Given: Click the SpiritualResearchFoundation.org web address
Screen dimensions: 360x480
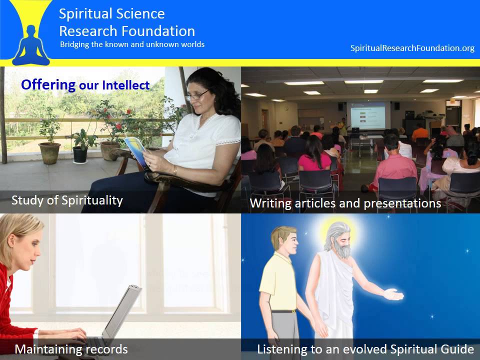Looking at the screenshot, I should tap(412, 48).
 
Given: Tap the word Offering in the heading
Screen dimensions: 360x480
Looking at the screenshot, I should tap(48, 84).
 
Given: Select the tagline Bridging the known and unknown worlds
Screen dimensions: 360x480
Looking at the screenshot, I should tap(132, 44).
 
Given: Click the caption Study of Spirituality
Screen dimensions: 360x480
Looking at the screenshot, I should tap(67, 200).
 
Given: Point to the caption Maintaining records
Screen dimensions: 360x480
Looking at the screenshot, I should tap(71, 348).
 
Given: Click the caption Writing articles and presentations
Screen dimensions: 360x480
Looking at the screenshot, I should tap(345, 203).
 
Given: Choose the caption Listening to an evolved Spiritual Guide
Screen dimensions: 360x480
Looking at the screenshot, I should tap(365, 348).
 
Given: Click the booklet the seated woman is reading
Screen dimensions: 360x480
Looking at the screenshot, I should tap(136, 151).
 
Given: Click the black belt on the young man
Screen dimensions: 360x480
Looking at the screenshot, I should tap(283, 311).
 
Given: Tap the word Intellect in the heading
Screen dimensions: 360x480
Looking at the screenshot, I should tap(125, 85).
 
